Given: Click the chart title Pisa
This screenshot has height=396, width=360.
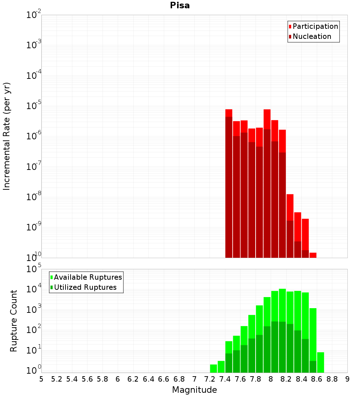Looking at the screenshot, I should click(180, 6).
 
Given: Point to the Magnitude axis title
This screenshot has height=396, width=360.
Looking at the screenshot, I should click(194, 390).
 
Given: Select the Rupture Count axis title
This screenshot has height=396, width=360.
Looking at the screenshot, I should click(14, 320).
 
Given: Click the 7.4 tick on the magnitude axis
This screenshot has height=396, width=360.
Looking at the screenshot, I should click(225, 379).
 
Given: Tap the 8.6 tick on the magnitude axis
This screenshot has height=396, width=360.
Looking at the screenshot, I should click(317, 379).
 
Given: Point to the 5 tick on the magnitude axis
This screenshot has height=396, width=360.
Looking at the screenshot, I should click(41, 379).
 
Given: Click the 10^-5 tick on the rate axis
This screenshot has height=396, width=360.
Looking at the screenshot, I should click(35, 106).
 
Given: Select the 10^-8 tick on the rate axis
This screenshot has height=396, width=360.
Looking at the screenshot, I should click(35, 197).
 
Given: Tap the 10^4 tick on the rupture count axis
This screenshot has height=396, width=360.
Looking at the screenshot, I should click(35, 289).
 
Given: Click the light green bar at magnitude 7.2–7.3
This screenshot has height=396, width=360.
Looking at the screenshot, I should click(213, 369).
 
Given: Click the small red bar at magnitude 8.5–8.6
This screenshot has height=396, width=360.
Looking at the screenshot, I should click(313, 255).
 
